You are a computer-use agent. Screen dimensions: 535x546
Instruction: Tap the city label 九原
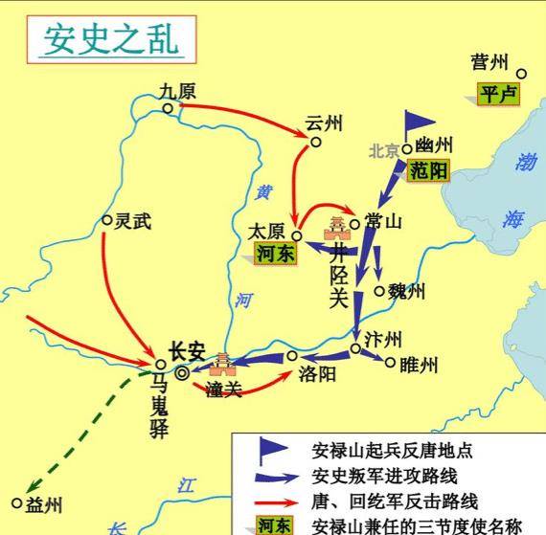pos(177,92)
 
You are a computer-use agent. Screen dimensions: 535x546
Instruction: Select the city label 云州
pos(324,124)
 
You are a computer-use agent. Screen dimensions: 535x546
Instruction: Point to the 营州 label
pos(489,62)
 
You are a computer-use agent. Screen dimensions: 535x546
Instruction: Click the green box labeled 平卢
pos(497,94)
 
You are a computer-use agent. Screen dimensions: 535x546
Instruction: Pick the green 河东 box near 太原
pos(274,253)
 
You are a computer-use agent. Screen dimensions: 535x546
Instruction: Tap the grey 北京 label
pos(384,150)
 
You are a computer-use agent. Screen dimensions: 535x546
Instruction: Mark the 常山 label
pos(382,221)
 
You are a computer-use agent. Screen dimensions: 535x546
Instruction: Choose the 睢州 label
pos(418,365)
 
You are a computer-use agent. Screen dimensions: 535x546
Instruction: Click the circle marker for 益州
pos(16,502)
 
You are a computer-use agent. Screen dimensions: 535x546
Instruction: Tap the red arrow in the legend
pos(276,501)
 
